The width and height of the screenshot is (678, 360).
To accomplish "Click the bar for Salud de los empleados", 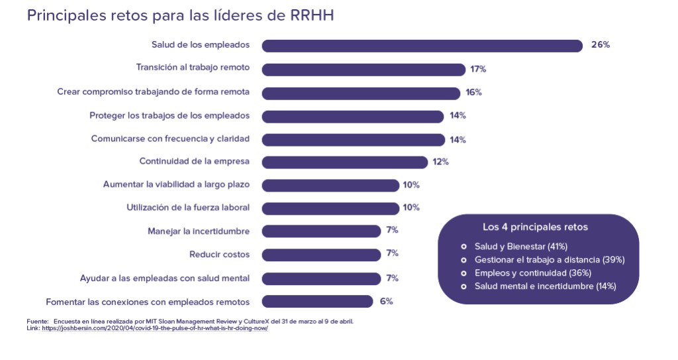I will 422,46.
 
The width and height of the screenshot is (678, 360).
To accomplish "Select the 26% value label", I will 600,45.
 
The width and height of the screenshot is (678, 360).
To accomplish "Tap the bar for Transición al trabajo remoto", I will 363,69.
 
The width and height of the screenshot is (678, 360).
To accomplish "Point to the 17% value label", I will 479,69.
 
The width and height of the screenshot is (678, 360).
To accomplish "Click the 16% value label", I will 473,92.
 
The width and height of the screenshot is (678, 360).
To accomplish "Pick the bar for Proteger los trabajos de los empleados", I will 353,116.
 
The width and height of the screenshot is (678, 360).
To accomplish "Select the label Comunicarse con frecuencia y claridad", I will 170,139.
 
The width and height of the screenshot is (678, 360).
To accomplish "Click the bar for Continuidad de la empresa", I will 345,162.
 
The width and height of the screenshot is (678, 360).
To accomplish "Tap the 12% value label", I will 441,162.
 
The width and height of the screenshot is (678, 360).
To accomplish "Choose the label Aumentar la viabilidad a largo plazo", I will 176,184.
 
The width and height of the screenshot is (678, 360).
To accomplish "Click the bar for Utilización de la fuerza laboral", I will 330,208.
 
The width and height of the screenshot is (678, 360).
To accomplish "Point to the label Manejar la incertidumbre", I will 199,231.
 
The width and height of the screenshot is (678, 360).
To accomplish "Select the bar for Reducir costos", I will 321,254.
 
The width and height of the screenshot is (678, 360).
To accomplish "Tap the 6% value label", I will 387,301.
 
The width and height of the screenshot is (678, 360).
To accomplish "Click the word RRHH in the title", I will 313,15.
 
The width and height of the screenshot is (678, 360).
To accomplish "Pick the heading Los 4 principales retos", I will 535,227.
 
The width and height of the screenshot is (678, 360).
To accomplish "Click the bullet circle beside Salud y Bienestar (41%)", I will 464,247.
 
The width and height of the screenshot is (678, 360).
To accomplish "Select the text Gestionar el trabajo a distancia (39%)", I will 550,259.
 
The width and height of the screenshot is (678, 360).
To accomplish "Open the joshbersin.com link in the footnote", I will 155,328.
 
